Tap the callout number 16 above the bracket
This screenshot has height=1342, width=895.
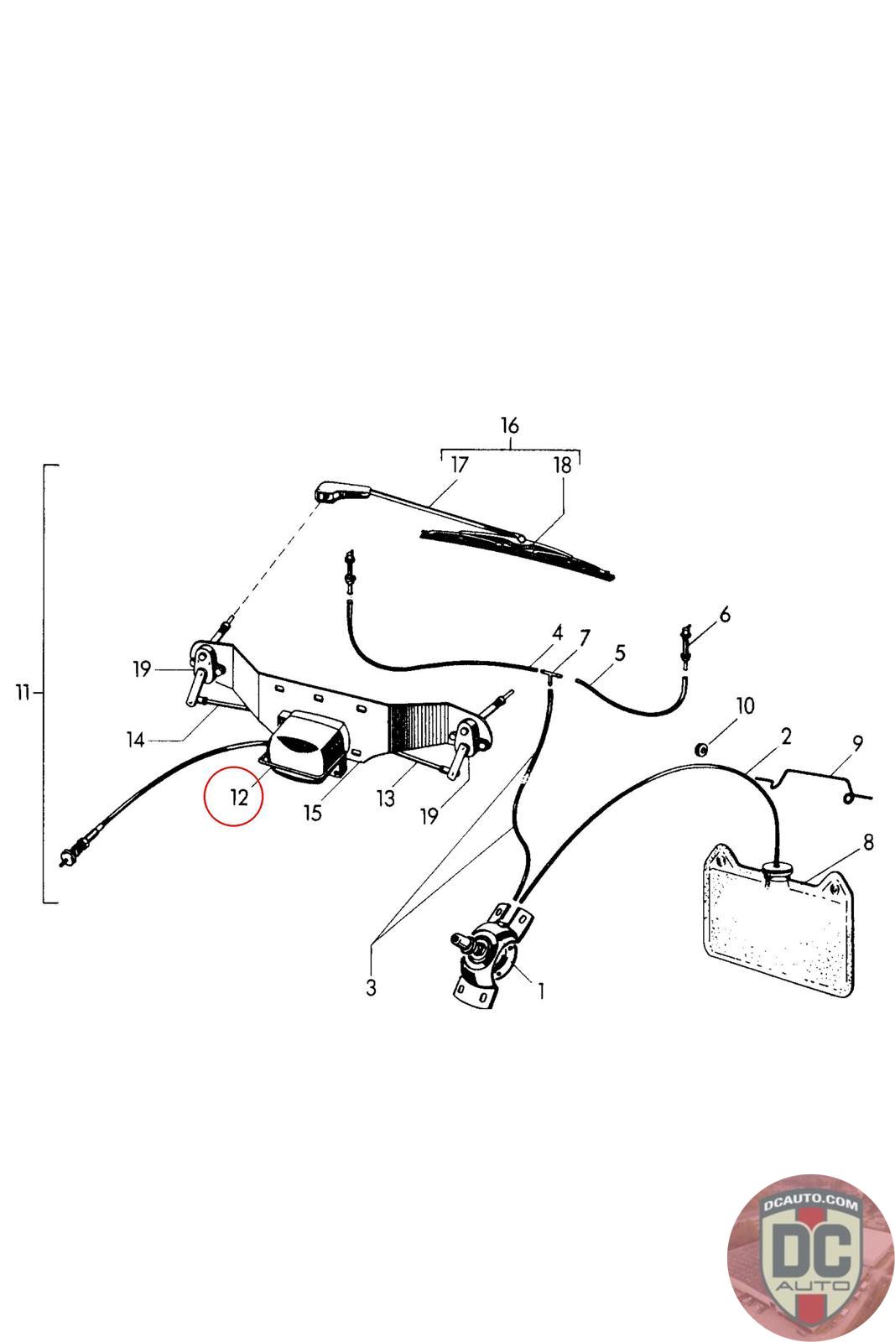(x=510, y=425)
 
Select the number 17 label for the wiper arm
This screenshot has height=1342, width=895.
(x=459, y=464)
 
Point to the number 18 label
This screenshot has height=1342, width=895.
(x=562, y=466)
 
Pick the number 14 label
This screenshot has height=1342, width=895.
(x=136, y=740)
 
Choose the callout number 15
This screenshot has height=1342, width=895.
(x=313, y=813)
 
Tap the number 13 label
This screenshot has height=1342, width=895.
(x=385, y=798)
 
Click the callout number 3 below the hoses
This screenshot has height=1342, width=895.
(x=371, y=987)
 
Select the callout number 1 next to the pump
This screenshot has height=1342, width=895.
(x=541, y=991)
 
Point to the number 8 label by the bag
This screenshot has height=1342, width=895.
(x=867, y=841)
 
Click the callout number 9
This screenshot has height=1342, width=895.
(x=856, y=742)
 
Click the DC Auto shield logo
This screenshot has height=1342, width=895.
(x=810, y=1257)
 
